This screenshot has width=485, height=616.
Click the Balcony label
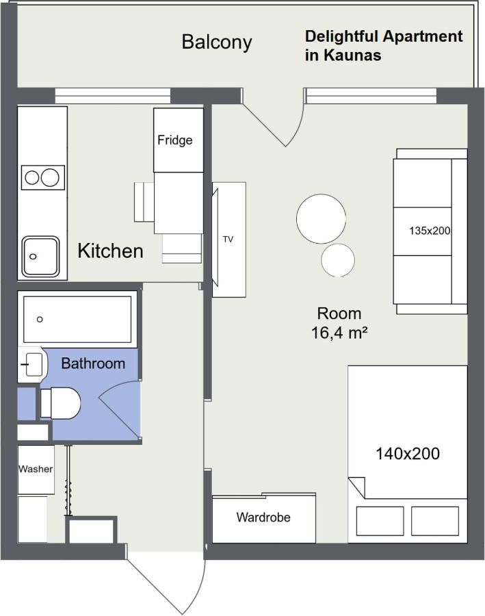[x=216, y=42]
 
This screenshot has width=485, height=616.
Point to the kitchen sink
[x=41, y=257]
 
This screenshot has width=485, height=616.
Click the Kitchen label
[x=110, y=251]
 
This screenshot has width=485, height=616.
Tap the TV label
[x=228, y=240]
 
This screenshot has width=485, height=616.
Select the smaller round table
[x=338, y=260]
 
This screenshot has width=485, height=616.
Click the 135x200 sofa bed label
[x=430, y=231]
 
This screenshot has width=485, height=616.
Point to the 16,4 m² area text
[x=339, y=333]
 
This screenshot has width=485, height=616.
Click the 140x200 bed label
[x=408, y=453]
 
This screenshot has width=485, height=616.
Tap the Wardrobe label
[x=263, y=517]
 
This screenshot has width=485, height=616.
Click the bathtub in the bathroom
[x=77, y=319]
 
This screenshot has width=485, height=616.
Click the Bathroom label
[x=93, y=363]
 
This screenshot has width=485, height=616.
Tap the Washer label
[x=36, y=469]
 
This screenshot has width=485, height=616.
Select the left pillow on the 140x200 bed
[x=380, y=522]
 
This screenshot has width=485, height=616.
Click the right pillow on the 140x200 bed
[x=434, y=522]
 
